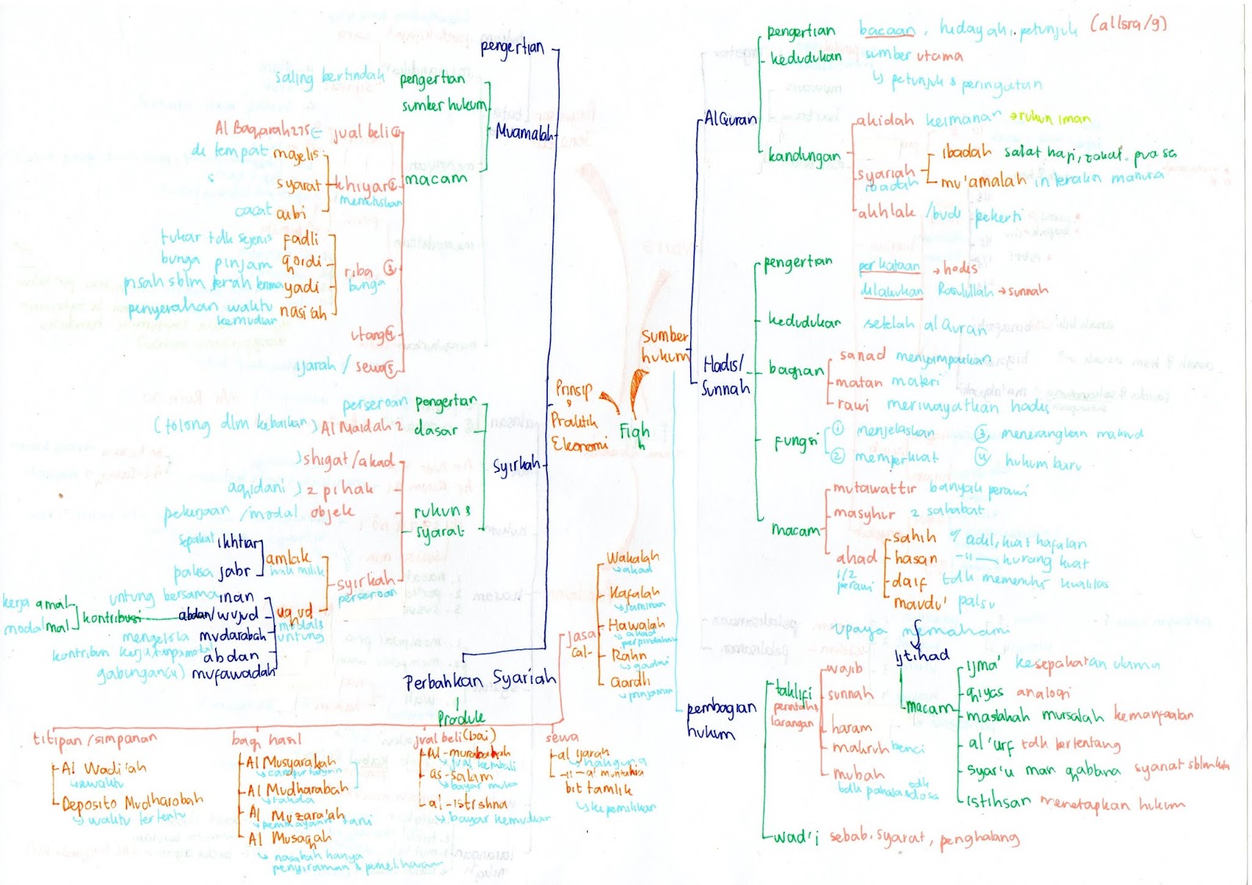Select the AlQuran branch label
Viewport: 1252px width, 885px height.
click(730, 119)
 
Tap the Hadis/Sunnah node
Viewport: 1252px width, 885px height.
click(725, 376)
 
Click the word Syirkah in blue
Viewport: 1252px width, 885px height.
click(516, 466)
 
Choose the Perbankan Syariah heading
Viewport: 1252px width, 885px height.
click(480, 680)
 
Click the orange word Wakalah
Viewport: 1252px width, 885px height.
click(632, 558)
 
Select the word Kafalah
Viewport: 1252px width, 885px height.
click(634, 593)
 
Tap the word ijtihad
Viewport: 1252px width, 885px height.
click(922, 656)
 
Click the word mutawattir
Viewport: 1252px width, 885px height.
click(874, 489)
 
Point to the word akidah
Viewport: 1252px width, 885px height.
click(884, 121)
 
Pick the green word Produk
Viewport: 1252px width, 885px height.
click(461, 718)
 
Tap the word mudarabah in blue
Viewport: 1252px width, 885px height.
click(232, 635)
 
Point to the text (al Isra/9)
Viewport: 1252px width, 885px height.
click(1128, 25)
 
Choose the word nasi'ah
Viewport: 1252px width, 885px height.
click(304, 312)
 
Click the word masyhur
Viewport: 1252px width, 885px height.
click(863, 513)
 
